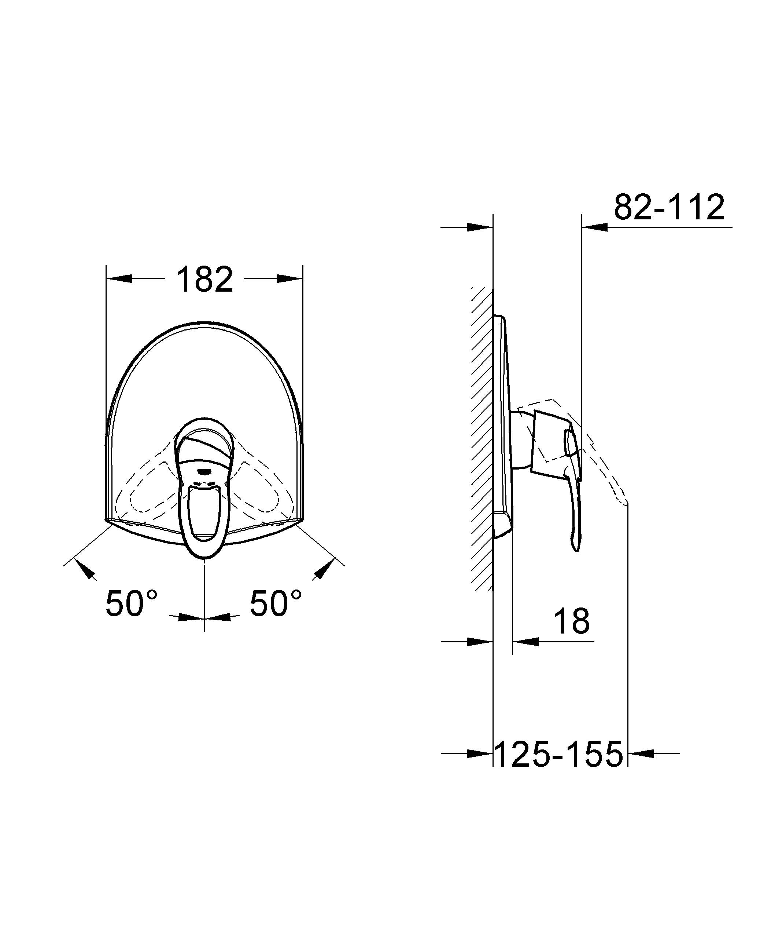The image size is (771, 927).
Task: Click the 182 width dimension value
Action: pyautogui.click(x=204, y=280)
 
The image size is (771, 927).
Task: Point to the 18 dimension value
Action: pyautogui.click(x=571, y=620)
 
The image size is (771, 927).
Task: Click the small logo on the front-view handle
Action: pyautogui.click(x=204, y=471)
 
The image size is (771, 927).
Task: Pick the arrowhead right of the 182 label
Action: pyautogui.click(x=290, y=278)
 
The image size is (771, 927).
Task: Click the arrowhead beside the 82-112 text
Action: pyautogui.click(x=595, y=227)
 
